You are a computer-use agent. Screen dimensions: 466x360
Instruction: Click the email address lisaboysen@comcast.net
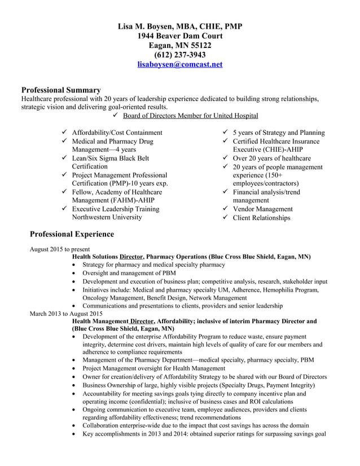(x=180, y=65)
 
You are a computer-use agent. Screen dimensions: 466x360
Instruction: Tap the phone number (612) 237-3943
(x=180, y=55)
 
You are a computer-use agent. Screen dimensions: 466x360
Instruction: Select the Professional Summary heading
(x=61, y=90)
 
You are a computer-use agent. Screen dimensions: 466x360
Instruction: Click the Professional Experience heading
(x=72, y=234)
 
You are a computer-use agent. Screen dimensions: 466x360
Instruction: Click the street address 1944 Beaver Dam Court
(x=180, y=36)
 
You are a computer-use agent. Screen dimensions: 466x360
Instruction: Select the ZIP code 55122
(x=199, y=46)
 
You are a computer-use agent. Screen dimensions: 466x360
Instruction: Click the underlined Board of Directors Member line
(x=191, y=116)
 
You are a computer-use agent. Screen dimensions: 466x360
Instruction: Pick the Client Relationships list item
(x=261, y=218)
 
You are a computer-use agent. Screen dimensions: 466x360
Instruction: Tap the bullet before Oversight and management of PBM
(x=76, y=273)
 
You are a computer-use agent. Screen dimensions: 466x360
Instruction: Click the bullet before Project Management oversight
(x=76, y=368)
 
